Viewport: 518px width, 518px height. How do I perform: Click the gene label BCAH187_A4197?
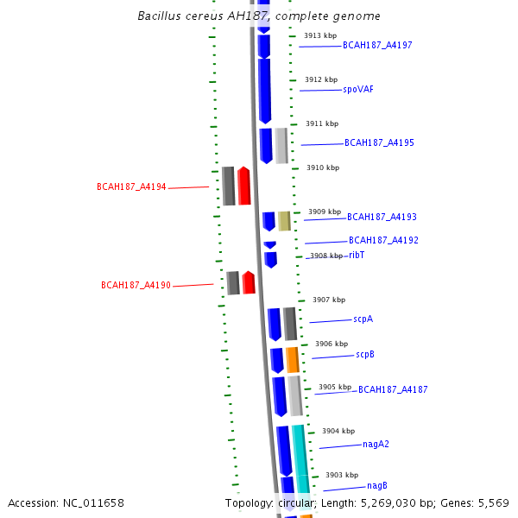coord(377,45)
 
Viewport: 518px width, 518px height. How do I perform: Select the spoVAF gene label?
coord(358,89)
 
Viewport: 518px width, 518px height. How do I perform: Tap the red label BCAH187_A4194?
coord(131,186)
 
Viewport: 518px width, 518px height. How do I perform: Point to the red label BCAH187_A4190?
coord(136,285)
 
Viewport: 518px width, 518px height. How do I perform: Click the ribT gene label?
coord(357,255)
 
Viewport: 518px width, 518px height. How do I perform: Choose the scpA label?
coord(363,319)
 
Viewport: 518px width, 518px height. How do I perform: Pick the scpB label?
coord(364,355)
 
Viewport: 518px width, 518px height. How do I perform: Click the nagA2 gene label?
coord(376,445)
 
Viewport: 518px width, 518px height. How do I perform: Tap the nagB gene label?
coord(377,486)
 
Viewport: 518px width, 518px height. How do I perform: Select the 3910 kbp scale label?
coord(323,167)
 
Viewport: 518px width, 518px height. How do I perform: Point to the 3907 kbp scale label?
coord(329,300)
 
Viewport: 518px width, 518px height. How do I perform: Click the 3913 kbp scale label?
coord(320,35)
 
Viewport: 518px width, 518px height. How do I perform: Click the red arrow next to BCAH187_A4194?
coord(244,186)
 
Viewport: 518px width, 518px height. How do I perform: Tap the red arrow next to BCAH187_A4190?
coord(249,282)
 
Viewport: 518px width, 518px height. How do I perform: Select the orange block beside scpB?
coord(293,359)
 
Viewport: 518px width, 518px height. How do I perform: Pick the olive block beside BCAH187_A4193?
coord(284,221)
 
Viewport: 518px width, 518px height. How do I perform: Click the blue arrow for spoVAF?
coord(264,90)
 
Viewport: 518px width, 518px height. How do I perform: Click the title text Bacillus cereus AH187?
coord(259,16)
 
